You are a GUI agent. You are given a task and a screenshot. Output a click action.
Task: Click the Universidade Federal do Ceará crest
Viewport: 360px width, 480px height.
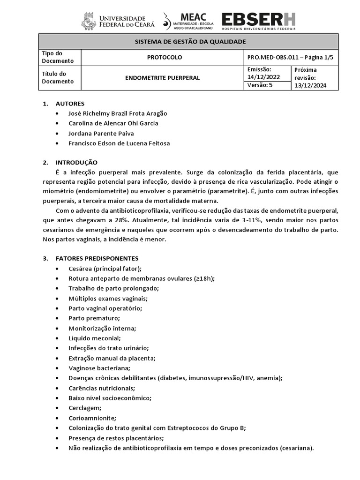[x=89, y=22]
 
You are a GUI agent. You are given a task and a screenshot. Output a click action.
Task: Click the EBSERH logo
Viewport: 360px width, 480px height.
[x=258, y=20]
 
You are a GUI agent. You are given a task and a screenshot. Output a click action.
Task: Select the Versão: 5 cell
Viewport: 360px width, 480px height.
[x=259, y=85]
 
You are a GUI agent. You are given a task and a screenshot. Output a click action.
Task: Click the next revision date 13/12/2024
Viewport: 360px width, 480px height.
[x=310, y=85]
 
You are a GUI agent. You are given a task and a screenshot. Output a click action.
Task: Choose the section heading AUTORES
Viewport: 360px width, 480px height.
[x=70, y=104]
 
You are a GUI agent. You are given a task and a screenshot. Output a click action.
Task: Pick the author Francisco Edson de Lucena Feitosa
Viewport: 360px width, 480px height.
[x=119, y=143]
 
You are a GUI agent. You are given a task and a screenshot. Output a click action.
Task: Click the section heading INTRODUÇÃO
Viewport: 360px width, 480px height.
[x=76, y=162]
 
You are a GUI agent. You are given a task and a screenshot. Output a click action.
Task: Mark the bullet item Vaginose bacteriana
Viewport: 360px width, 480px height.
[x=99, y=368]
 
